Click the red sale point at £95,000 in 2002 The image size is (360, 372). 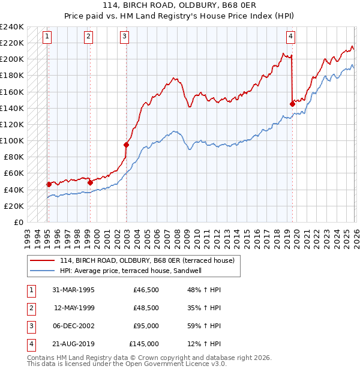click(x=127, y=145)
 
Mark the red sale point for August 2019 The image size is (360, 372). click(x=292, y=104)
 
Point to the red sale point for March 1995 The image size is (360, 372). click(x=49, y=184)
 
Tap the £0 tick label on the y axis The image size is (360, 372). click(x=18, y=222)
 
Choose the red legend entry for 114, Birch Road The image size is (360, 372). click(x=149, y=260)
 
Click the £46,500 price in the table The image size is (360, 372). click(x=146, y=290)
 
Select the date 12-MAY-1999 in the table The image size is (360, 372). click(x=74, y=308)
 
